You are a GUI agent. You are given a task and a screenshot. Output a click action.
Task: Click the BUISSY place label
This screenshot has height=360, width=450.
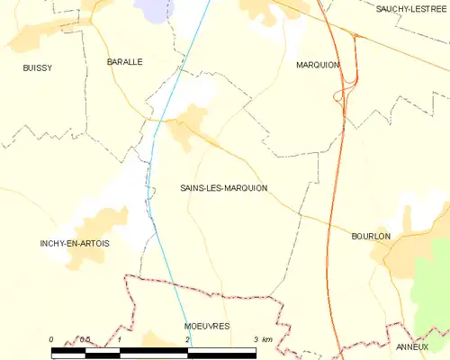pyautogui.click(x=38, y=67)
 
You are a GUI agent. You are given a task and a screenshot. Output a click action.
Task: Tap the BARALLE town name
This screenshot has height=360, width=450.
pyautogui.click(x=125, y=62)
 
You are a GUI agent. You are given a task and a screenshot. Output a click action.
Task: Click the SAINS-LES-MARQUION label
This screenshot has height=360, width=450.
pyautogui.click(x=223, y=188)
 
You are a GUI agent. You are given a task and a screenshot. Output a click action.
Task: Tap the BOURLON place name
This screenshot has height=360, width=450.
pyautogui.click(x=371, y=236)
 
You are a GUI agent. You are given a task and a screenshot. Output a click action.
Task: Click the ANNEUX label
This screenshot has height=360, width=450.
pyautogui.click(x=412, y=346)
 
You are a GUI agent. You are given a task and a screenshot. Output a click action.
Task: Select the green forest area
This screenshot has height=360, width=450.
pyautogui.click(x=430, y=288)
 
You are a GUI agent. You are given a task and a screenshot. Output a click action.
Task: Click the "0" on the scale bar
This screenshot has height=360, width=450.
pyautogui.click(x=51, y=339)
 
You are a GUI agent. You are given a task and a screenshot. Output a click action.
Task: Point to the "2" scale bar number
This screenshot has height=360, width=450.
pyautogui.click(x=187, y=339)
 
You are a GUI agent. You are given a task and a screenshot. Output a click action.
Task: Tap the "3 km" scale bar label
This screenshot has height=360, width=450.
pyautogui.click(x=263, y=339)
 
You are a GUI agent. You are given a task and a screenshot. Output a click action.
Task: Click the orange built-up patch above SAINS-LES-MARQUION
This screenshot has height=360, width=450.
pyautogui.click(x=190, y=121)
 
